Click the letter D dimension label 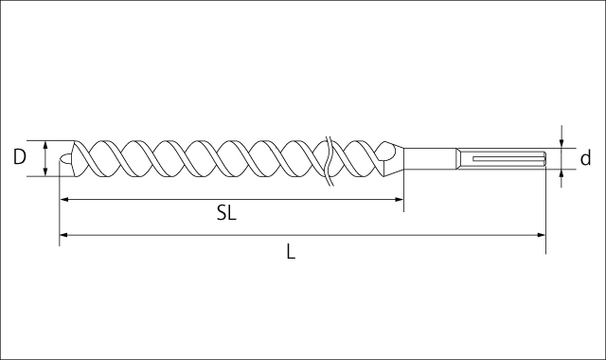[19, 157]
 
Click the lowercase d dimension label [586, 158]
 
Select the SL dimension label [226, 212]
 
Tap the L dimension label [291, 251]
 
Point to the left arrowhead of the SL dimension [64, 200]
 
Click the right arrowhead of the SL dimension [400, 200]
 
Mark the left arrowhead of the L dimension [64, 235]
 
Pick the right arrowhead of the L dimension [541, 235]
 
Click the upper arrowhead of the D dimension [45, 145]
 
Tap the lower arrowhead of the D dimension [45, 171]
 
